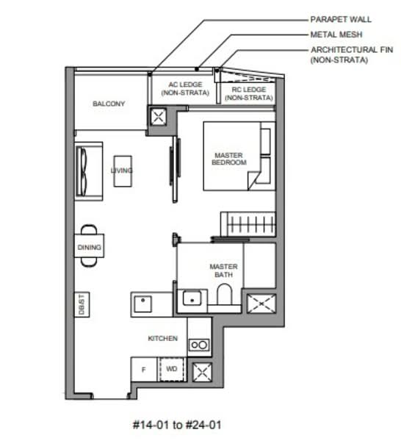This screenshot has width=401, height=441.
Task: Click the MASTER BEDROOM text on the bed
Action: coord(228,159)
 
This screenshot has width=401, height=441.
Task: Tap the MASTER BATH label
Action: coord(222,270)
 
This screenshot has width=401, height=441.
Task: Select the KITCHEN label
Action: coord(162,338)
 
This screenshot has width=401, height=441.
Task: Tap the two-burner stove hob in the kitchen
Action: coord(198,344)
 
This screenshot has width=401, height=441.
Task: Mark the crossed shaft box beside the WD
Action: coord(200,372)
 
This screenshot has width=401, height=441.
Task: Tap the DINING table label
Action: coord(89,248)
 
